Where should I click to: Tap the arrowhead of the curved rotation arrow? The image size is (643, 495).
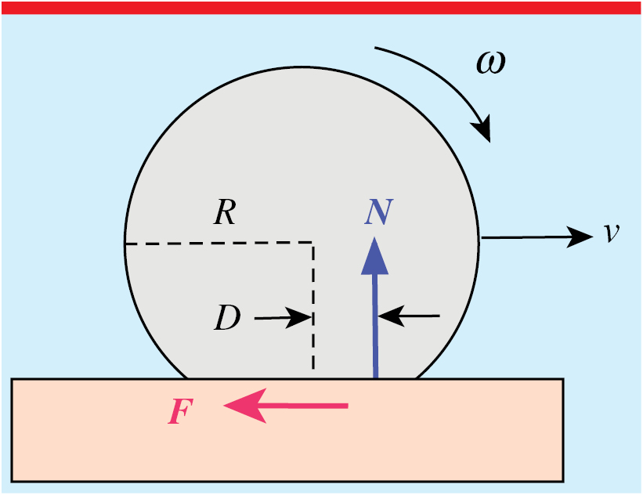tap(483, 128)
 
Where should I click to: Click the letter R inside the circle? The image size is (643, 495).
tap(225, 213)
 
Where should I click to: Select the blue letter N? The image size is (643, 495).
tap(378, 211)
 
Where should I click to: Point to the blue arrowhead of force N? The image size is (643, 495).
tap(375, 255)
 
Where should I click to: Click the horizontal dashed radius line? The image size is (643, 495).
tap(219, 244)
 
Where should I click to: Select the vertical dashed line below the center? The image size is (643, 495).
tap(313, 313)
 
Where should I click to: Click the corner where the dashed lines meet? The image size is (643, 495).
tap(313, 244)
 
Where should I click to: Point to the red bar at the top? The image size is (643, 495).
tap(321, 7)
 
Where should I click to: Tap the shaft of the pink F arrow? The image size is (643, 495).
tap(305, 405)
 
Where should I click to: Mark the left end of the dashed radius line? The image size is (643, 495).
tap(127, 244)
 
